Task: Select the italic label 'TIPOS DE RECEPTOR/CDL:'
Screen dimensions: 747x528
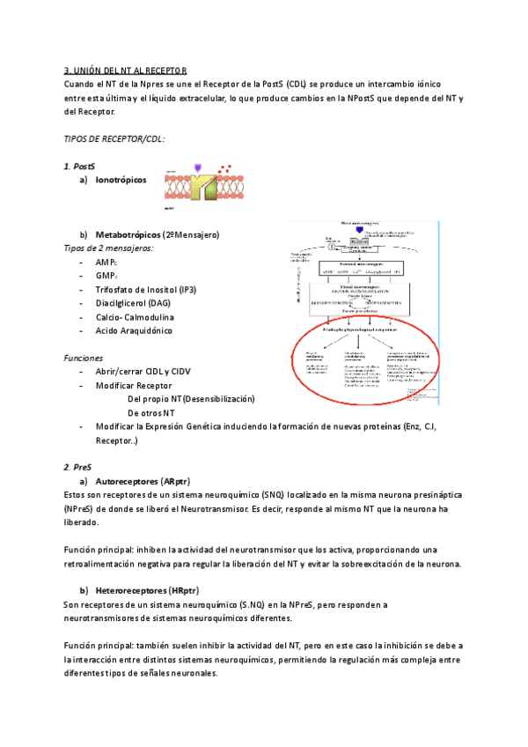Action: point(114,139)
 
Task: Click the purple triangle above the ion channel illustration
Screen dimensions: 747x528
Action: point(197,166)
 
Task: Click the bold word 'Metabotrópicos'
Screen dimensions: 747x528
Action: point(128,235)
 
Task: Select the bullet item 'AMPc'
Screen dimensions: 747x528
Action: point(107,263)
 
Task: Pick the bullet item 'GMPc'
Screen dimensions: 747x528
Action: point(107,276)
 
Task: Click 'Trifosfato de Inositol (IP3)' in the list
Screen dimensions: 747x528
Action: point(146,290)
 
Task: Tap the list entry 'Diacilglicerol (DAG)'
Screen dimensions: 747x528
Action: point(133,303)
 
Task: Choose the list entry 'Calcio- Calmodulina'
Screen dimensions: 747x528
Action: point(135,317)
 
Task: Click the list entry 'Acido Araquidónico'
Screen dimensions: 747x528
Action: point(134,330)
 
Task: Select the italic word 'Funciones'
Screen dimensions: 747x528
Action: point(84,359)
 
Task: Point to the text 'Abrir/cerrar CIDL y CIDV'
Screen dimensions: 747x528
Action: point(143,372)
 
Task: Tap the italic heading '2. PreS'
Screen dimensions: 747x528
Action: point(77,468)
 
